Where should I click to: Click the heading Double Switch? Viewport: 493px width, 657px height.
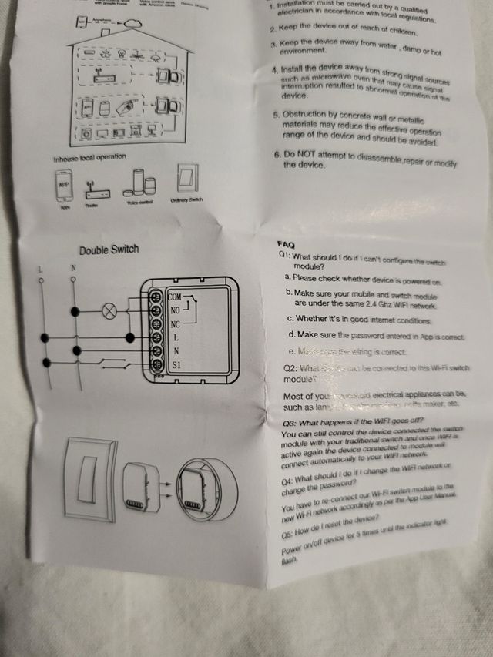click(109, 250)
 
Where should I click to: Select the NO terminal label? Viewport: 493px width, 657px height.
click(175, 310)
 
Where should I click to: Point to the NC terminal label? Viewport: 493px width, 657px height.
click(175, 323)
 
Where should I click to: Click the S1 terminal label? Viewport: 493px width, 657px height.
click(176, 365)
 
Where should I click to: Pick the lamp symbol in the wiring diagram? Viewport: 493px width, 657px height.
click(109, 312)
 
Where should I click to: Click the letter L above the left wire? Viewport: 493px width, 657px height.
click(40, 268)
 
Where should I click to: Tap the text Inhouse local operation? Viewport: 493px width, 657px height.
click(89, 158)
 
